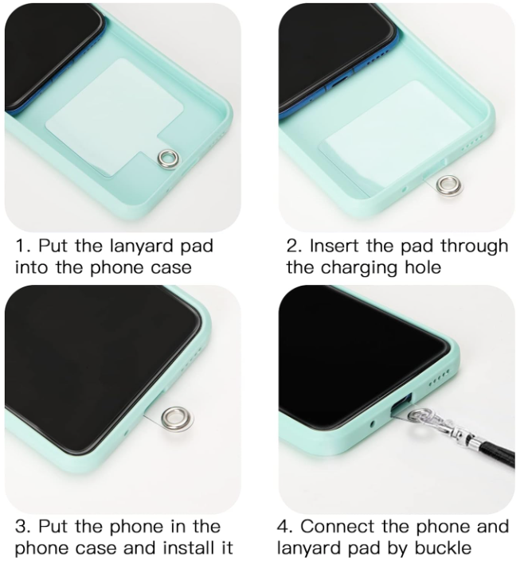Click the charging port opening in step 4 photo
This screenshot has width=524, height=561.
point(401,405)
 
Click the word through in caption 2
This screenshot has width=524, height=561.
point(474,246)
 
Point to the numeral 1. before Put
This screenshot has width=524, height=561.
point(24,246)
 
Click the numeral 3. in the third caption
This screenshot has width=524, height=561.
point(24,526)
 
